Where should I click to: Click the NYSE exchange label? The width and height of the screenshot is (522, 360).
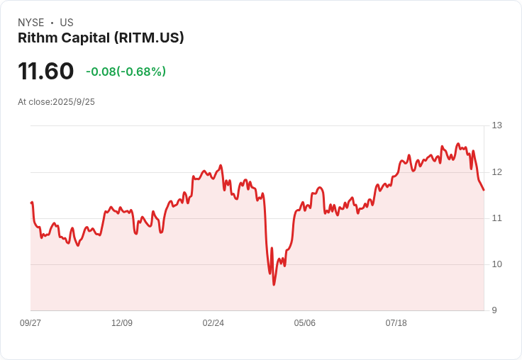30,23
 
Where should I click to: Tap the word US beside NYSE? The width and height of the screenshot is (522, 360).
67,23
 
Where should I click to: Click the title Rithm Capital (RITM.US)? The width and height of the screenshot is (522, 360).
101,38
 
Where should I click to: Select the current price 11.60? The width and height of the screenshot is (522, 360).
46,71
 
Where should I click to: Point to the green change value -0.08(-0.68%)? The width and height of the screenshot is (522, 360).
126,72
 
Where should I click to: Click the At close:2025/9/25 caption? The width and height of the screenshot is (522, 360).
56,102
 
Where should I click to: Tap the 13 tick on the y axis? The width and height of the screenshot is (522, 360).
497,125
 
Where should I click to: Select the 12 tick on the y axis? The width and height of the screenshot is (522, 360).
497,171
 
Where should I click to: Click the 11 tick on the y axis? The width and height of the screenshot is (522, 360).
497,218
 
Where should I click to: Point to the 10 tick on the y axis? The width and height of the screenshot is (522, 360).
497,264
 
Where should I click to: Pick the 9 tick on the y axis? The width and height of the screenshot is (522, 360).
495,310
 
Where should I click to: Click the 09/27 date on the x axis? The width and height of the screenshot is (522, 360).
30,323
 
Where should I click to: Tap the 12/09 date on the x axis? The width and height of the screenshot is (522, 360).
122,323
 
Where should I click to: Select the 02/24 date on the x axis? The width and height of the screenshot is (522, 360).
213,323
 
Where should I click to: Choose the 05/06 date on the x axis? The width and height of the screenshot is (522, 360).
305,323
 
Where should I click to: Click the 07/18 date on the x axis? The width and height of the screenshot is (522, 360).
396,323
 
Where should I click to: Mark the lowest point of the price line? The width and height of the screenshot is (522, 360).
274,285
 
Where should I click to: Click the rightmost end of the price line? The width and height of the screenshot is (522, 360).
484,190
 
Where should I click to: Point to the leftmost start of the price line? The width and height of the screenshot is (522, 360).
31,203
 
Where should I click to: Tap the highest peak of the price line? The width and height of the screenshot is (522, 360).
458,143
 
